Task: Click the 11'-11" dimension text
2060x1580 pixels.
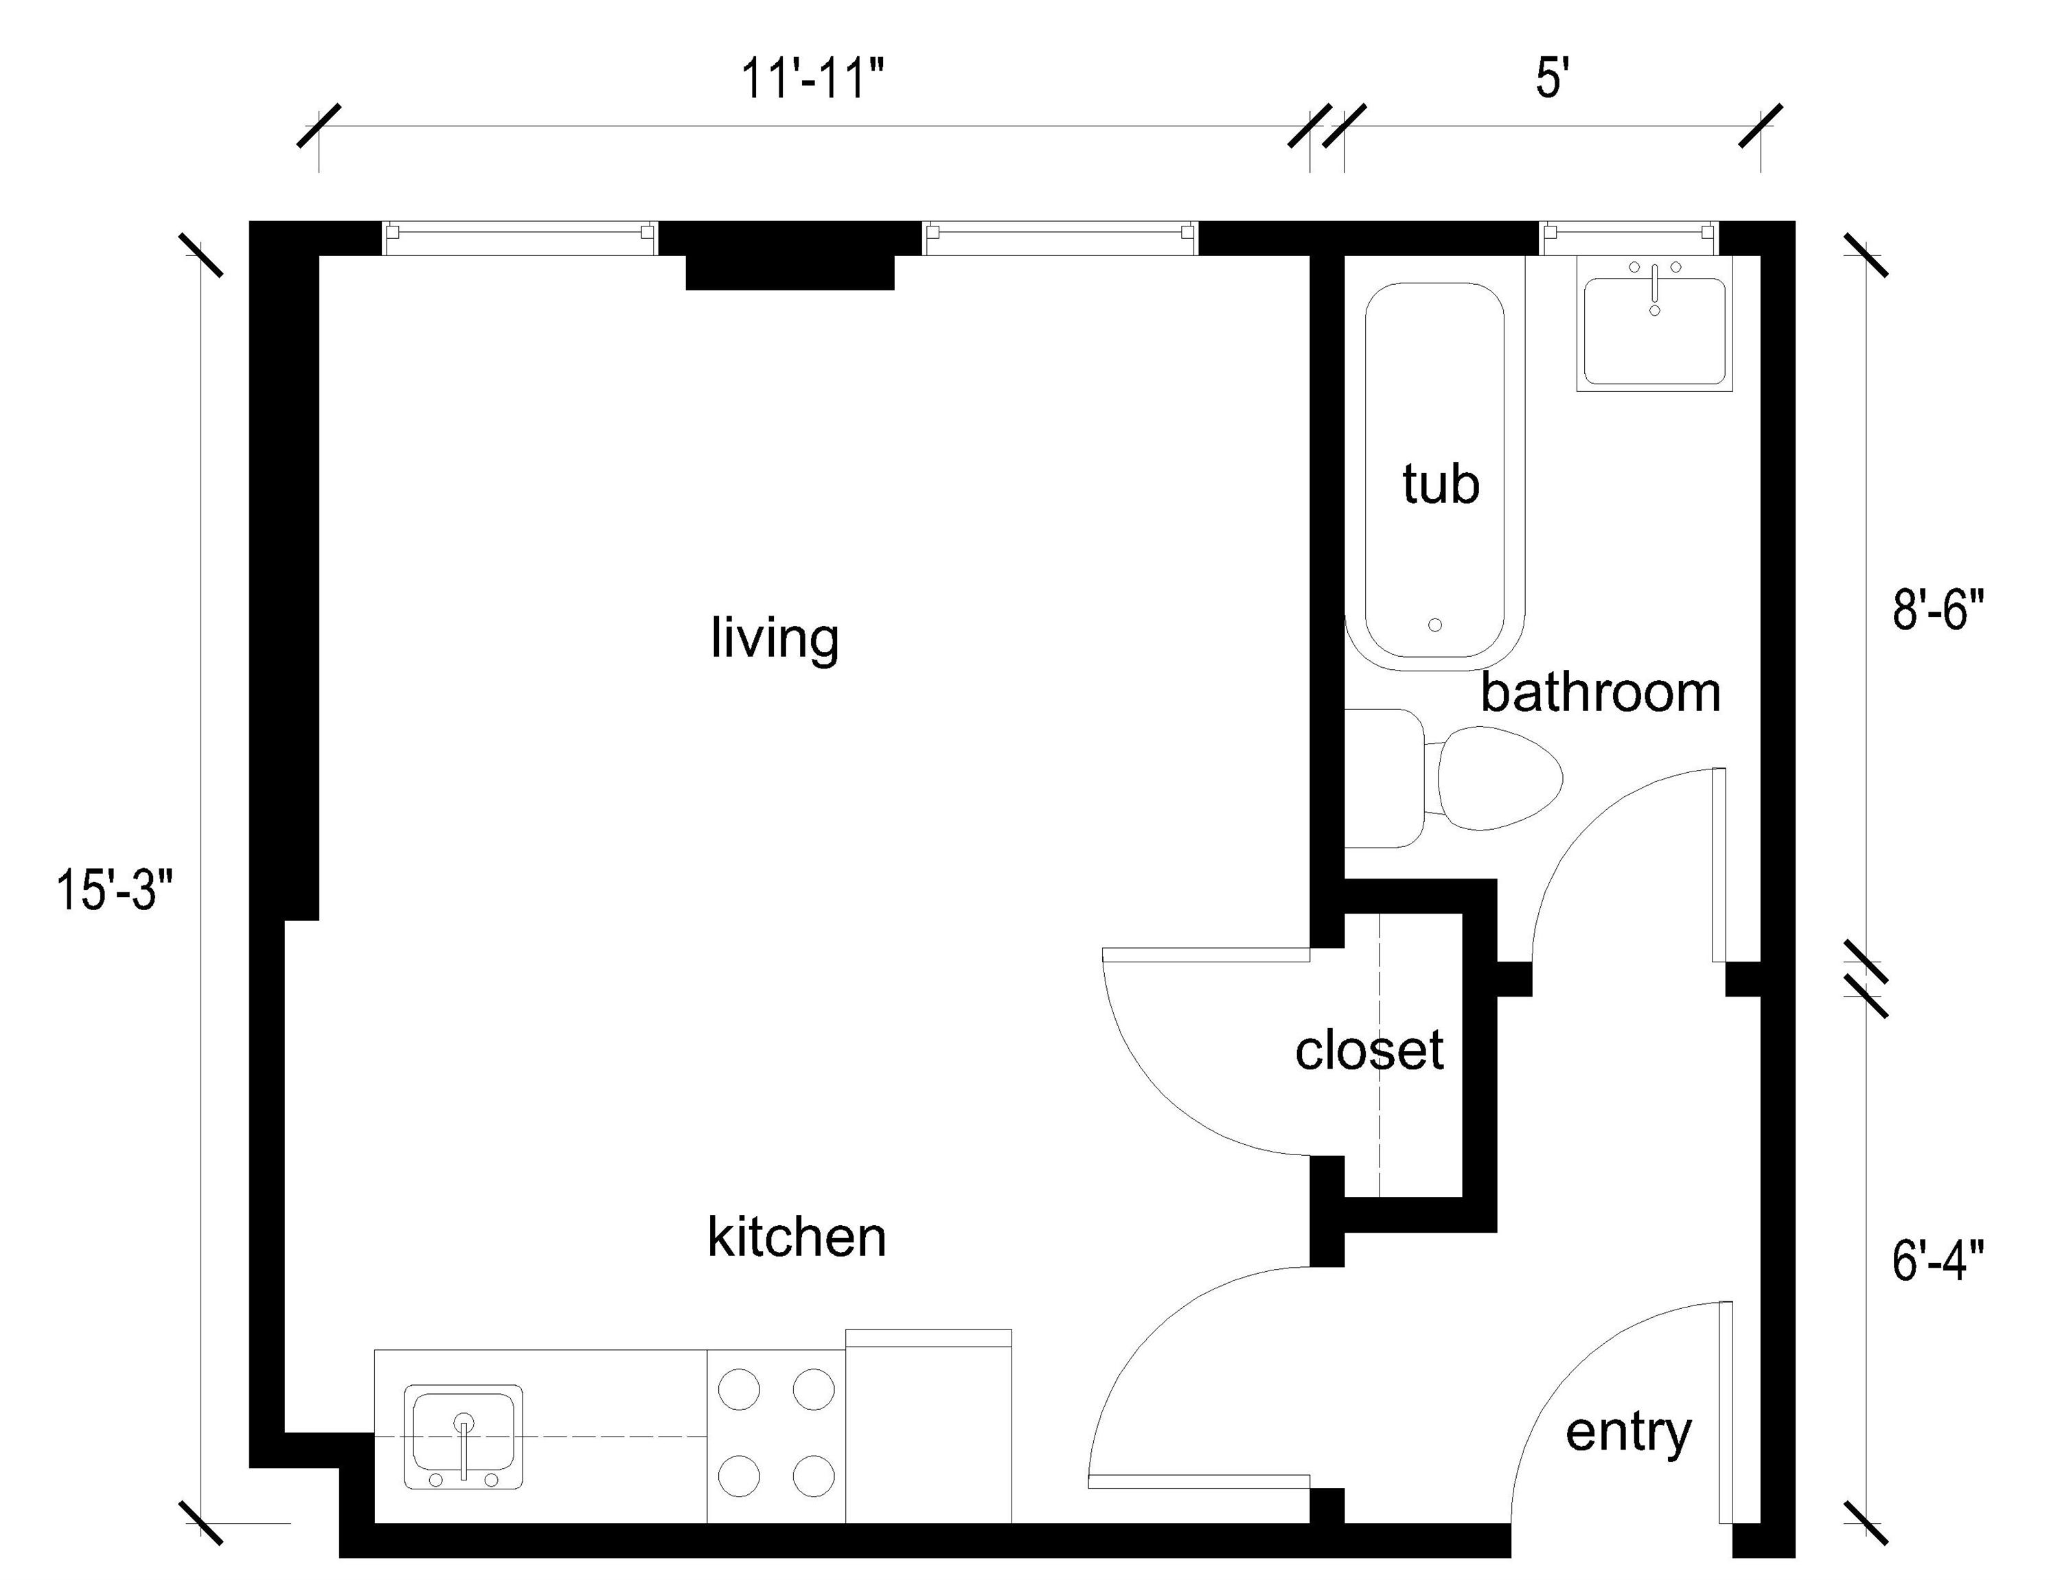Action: pos(813,79)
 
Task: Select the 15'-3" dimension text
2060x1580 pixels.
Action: pos(115,890)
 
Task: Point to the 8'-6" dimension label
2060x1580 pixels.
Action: pos(1938,609)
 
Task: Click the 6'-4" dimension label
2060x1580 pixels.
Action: pos(1938,1260)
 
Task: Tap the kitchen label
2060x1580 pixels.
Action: pos(796,1238)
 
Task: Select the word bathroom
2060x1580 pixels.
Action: pos(1600,693)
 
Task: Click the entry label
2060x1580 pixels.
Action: pos(1628,1432)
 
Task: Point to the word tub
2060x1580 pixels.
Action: pos(1440,485)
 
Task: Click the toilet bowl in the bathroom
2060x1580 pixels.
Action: pos(1498,777)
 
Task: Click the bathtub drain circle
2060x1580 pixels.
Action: pos(1434,625)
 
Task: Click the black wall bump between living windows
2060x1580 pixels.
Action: pos(789,271)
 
